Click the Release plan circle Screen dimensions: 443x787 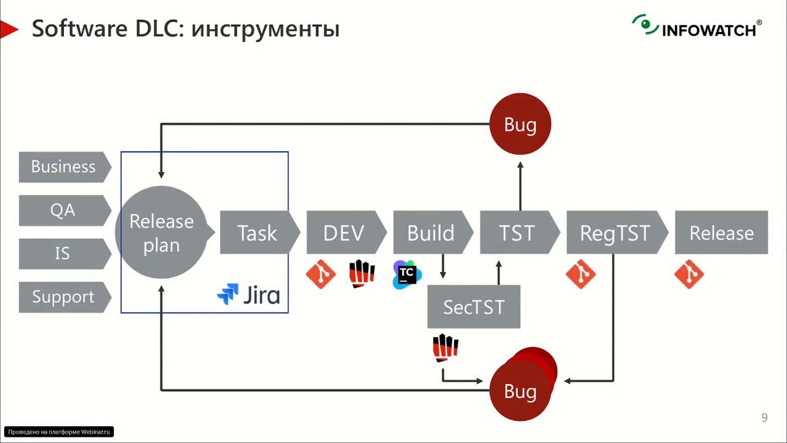pos(162,233)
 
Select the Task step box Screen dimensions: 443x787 pos(257,233)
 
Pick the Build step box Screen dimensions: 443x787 pos(430,233)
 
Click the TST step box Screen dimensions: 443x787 pos(517,233)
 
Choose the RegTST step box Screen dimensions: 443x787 pos(615,233)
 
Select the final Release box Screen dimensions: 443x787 pos(721,233)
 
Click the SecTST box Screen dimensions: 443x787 pos(473,306)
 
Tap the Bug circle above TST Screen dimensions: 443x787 pos(520,125)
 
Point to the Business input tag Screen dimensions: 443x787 pos(63,167)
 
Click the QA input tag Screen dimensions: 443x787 pos(63,210)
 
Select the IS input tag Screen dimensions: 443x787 pos(63,253)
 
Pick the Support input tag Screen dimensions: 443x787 pos(63,297)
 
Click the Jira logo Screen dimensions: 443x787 pos(248,295)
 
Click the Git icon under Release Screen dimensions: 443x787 pos(689,274)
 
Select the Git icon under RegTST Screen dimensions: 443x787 pos(580,274)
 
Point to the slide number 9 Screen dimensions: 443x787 pos(764,418)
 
